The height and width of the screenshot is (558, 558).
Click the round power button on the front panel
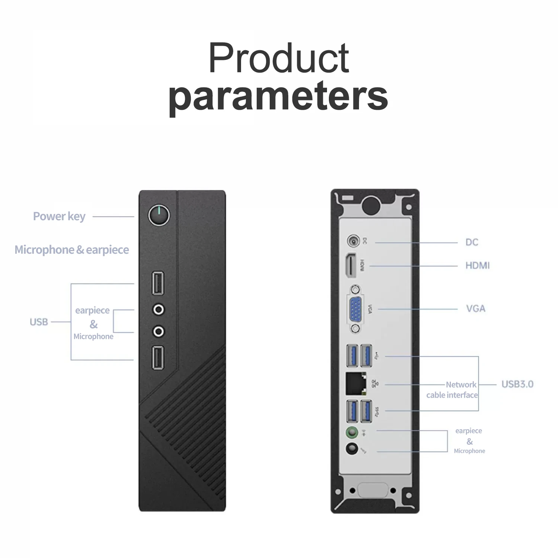coord(159,215)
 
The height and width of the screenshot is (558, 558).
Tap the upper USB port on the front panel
coord(158,283)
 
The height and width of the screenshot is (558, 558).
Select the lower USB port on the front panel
coord(158,357)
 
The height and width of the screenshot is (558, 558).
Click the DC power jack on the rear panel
coord(353,241)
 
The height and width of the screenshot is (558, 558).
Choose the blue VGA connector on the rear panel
coord(356,309)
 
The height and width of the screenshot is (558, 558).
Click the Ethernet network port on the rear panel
coord(356,383)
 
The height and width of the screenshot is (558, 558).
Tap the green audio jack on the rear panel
coord(352,432)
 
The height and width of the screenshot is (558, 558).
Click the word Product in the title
coord(279,58)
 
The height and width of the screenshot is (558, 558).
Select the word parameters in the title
coord(278,97)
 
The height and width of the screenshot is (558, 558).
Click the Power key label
coord(59,216)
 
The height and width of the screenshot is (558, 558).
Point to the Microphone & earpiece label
coord(72,250)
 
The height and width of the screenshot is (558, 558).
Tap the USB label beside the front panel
coord(39,322)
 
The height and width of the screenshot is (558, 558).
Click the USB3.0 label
coord(517,384)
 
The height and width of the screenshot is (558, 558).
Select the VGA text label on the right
coord(476,308)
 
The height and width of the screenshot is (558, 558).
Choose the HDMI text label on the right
coord(477,265)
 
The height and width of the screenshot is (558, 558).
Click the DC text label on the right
coord(472,242)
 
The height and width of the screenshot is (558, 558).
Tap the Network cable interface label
coord(452,389)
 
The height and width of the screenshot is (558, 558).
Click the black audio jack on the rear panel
coord(352,449)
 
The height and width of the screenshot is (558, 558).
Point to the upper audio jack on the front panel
coord(159,309)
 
